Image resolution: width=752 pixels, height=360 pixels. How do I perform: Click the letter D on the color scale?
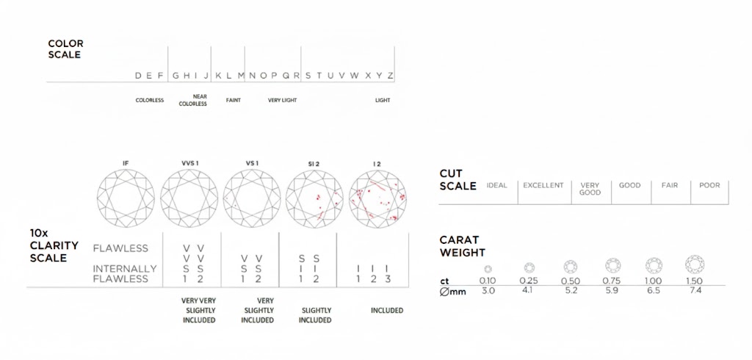tap(138, 76)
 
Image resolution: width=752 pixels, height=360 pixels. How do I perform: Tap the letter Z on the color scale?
tap(391, 76)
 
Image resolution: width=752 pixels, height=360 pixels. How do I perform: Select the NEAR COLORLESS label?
tap(193, 101)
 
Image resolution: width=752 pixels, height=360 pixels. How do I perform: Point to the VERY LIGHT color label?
tap(283, 101)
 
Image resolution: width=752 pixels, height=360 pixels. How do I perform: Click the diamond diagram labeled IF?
tap(126, 198)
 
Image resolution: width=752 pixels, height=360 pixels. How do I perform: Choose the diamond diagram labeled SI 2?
tap(314, 198)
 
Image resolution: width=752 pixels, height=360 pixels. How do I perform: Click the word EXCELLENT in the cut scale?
tap(543, 185)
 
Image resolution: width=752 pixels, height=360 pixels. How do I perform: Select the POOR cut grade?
tap(709, 185)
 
